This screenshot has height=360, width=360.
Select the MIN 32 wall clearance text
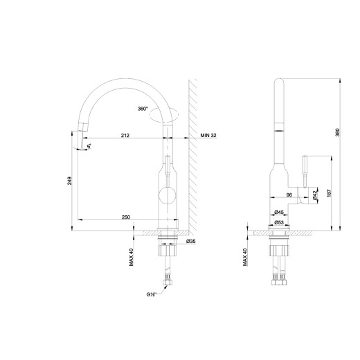[x=208, y=136]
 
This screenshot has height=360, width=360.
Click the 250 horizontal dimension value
[x=126, y=218]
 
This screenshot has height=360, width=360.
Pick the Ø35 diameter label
[x=191, y=242]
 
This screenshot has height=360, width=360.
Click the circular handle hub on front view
[x=167, y=195]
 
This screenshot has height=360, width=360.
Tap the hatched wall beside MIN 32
[x=195, y=159]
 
